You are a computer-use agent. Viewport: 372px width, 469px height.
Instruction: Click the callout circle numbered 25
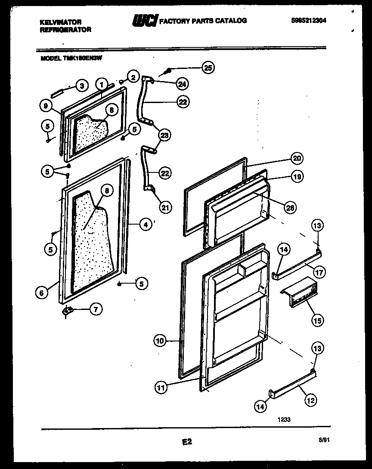208,67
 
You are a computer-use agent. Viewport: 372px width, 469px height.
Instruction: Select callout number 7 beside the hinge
96,310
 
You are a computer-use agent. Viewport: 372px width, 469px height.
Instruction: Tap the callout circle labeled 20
297,158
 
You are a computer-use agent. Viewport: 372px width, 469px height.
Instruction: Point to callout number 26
290,207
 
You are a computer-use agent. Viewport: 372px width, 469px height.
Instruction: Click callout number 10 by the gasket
160,341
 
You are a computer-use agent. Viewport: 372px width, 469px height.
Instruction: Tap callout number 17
319,272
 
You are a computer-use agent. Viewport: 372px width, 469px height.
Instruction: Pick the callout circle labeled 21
165,207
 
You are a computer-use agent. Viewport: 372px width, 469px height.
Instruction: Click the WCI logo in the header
144,20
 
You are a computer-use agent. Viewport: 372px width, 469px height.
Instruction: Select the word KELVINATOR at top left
61,22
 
